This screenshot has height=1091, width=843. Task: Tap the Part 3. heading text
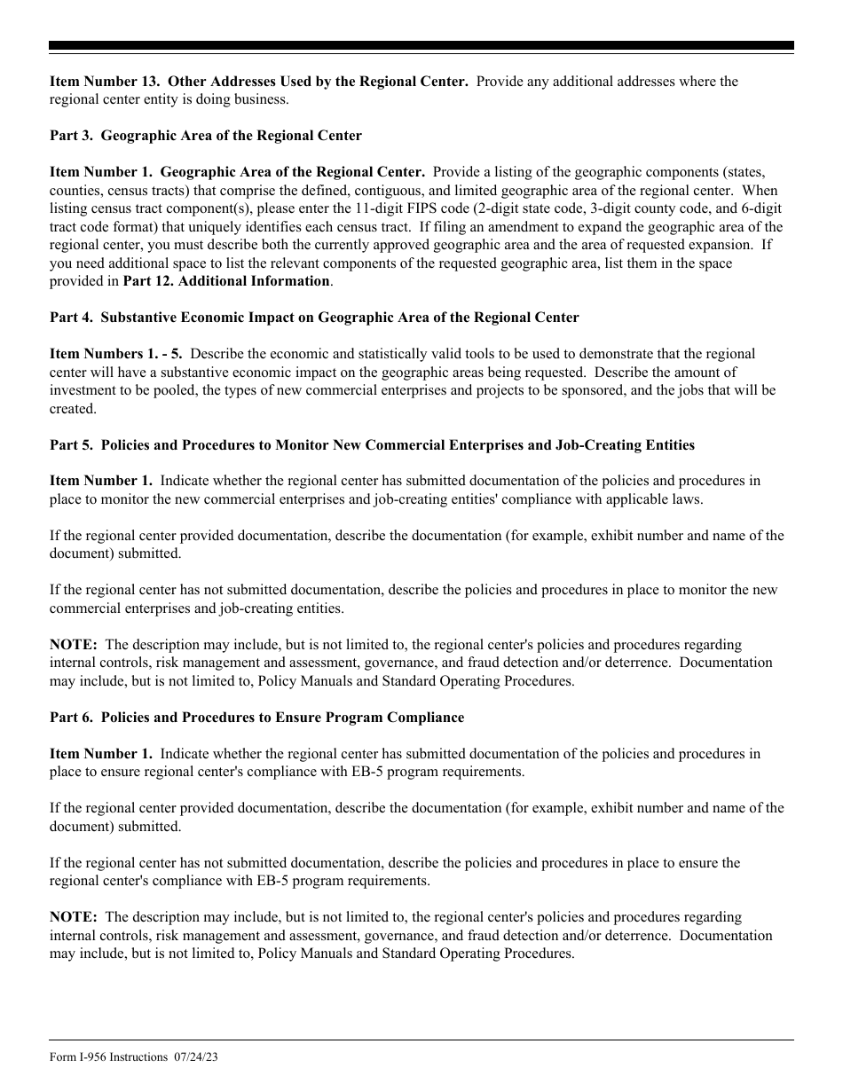coord(206,136)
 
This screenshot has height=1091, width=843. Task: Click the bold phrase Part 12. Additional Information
coord(226,281)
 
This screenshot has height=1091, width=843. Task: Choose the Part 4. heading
coord(314,318)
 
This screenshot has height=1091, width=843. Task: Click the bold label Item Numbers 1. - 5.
coord(116,354)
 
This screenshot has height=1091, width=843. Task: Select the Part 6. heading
coord(256,718)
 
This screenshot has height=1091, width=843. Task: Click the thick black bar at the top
coord(421,45)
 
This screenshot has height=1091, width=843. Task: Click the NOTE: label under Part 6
coord(74,917)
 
